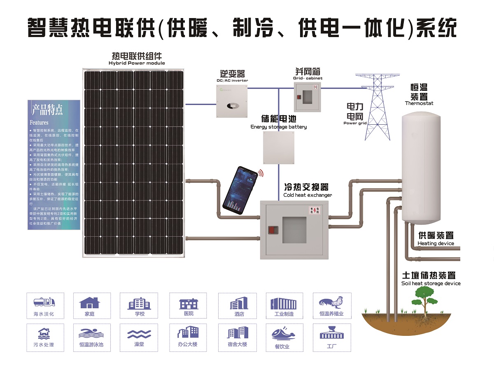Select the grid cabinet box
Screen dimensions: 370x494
click(307, 97)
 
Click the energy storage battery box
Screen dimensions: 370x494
click(279, 148)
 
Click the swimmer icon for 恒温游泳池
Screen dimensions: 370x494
click(91, 333)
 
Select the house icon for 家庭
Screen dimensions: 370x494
click(90, 303)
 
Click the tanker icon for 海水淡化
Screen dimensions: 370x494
click(44, 302)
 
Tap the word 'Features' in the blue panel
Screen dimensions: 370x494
click(39, 123)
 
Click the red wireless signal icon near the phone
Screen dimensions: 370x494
click(261, 172)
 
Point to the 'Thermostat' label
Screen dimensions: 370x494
click(419, 103)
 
